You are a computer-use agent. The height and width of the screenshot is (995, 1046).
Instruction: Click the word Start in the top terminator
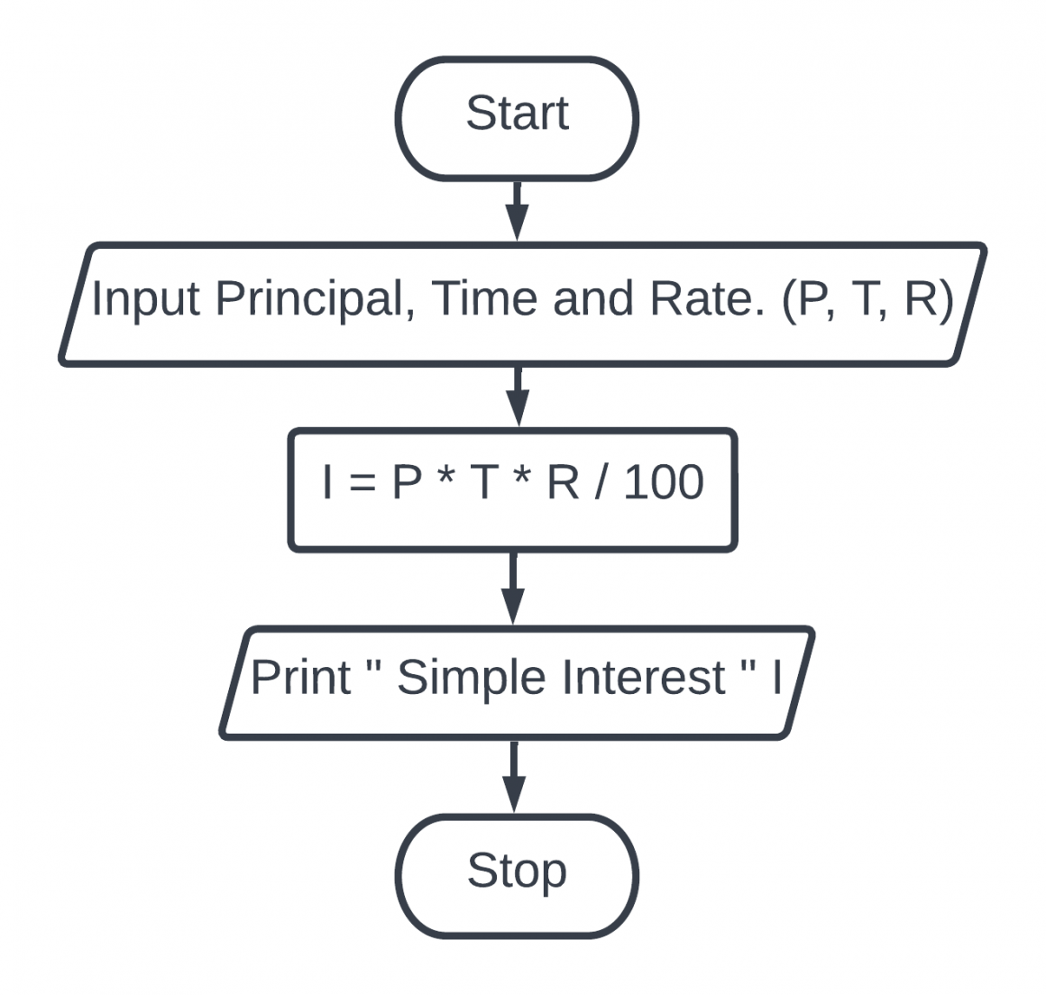[517, 114]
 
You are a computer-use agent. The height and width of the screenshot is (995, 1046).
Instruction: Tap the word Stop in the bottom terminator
[517, 871]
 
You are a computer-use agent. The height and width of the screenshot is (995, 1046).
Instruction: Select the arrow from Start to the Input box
[517, 211]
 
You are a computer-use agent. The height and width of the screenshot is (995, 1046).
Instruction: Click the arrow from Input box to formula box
[517, 396]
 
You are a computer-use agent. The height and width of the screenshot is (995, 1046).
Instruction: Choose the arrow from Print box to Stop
[514, 777]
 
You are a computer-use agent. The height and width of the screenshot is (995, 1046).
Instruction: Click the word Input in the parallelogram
[145, 299]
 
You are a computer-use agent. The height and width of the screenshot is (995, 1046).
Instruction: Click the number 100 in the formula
[663, 483]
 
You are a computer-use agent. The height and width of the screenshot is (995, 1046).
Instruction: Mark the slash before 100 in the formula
[601, 483]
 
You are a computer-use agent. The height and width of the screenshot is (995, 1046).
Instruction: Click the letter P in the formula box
[407, 483]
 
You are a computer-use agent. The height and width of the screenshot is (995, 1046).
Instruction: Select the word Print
[300, 677]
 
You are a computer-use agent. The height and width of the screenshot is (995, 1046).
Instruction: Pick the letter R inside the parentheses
[921, 298]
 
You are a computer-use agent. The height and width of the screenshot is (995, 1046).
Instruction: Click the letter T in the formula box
[484, 483]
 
